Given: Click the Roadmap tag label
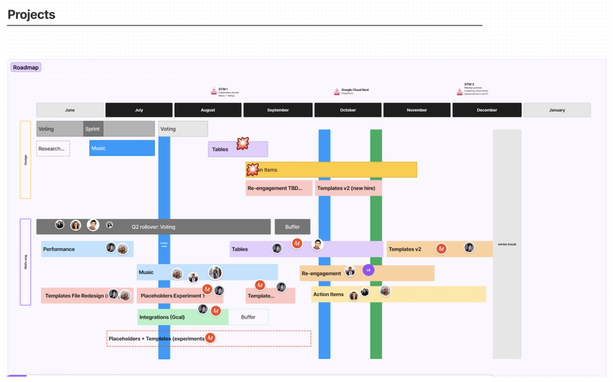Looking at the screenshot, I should coord(26,67).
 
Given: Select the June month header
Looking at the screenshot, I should coord(70,110).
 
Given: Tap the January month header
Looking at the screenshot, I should coord(557,110).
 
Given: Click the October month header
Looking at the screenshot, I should coord(348,110).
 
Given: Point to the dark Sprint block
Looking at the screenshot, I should coord(93,129).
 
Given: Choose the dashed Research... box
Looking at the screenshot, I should coord(53,149).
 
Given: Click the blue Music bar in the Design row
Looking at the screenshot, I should coord(122,148).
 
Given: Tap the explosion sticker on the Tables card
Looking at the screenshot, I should coord(243,144).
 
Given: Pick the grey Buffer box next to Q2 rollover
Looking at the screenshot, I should coord(292,227).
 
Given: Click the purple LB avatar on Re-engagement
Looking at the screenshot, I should coord(368,270).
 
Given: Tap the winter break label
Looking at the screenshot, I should coord(507,244).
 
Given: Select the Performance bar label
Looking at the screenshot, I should coord(59,249).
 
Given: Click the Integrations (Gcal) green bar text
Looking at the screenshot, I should coord(162,317).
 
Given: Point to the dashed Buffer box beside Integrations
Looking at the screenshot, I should coord(248,317).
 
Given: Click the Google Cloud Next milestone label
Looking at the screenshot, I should coord(355,90).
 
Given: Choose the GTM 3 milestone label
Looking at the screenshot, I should coord(469,84).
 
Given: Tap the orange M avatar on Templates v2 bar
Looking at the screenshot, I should coord(441,249).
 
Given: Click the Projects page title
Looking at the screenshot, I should coord(31,14).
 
